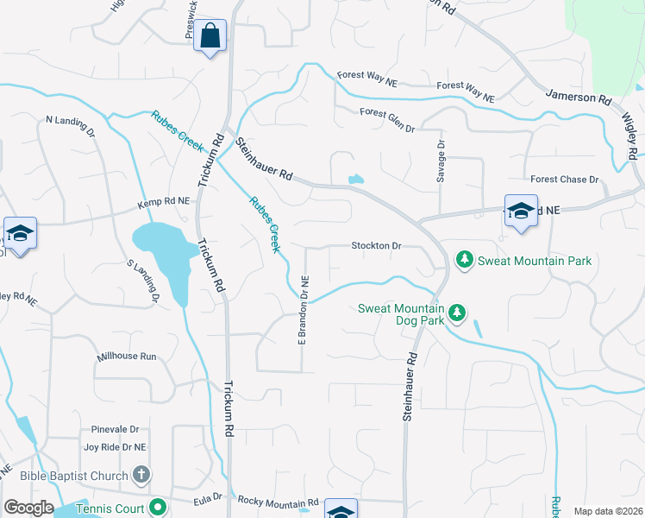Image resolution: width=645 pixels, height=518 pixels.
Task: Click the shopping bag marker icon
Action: pyautogui.click(x=210, y=36)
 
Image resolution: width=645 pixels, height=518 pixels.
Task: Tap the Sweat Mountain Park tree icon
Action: pyautogui.click(x=465, y=260)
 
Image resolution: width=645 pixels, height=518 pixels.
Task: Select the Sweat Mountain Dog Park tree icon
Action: pyautogui.click(x=457, y=313)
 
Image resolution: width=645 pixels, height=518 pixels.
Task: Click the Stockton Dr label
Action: pyautogui.click(x=377, y=246)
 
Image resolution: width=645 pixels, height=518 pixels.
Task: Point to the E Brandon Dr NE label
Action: pyautogui.click(x=304, y=309)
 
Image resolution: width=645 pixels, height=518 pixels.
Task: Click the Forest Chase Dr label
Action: pyautogui.click(x=564, y=180)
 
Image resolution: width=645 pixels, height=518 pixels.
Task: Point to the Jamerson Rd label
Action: pyautogui.click(x=582, y=98)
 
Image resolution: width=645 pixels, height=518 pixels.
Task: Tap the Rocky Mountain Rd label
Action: pyautogui.click(x=278, y=502)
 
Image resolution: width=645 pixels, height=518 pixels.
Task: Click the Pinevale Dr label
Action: pyautogui.click(x=115, y=429)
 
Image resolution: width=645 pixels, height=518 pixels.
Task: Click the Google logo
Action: pyautogui.click(x=28, y=508)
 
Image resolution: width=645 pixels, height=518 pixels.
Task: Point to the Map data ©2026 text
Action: pyautogui.click(x=608, y=511)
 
